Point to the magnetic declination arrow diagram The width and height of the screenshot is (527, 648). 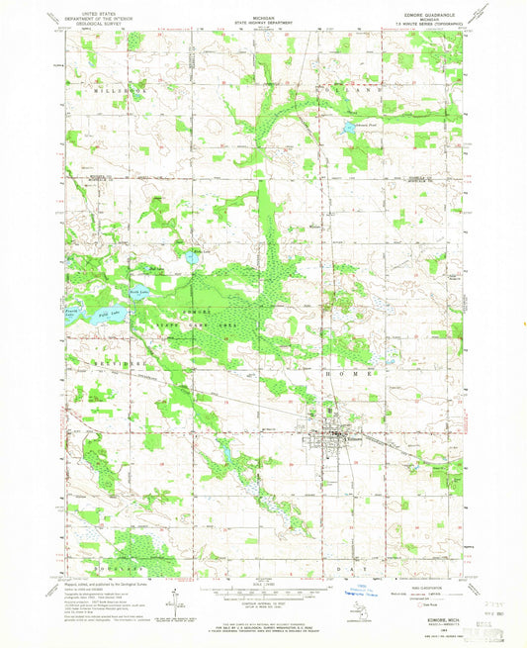click(174, 601)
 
